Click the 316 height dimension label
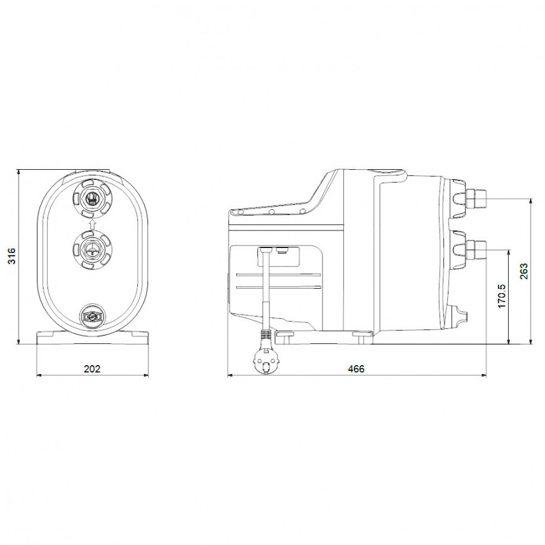tap(12, 256)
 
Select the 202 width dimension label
tap(92, 369)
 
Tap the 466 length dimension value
tap(356, 369)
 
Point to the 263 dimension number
tap(524, 271)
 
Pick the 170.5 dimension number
tap(502, 296)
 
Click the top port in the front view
tap(92, 199)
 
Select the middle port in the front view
tap(92, 250)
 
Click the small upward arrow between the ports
tap(92, 224)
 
